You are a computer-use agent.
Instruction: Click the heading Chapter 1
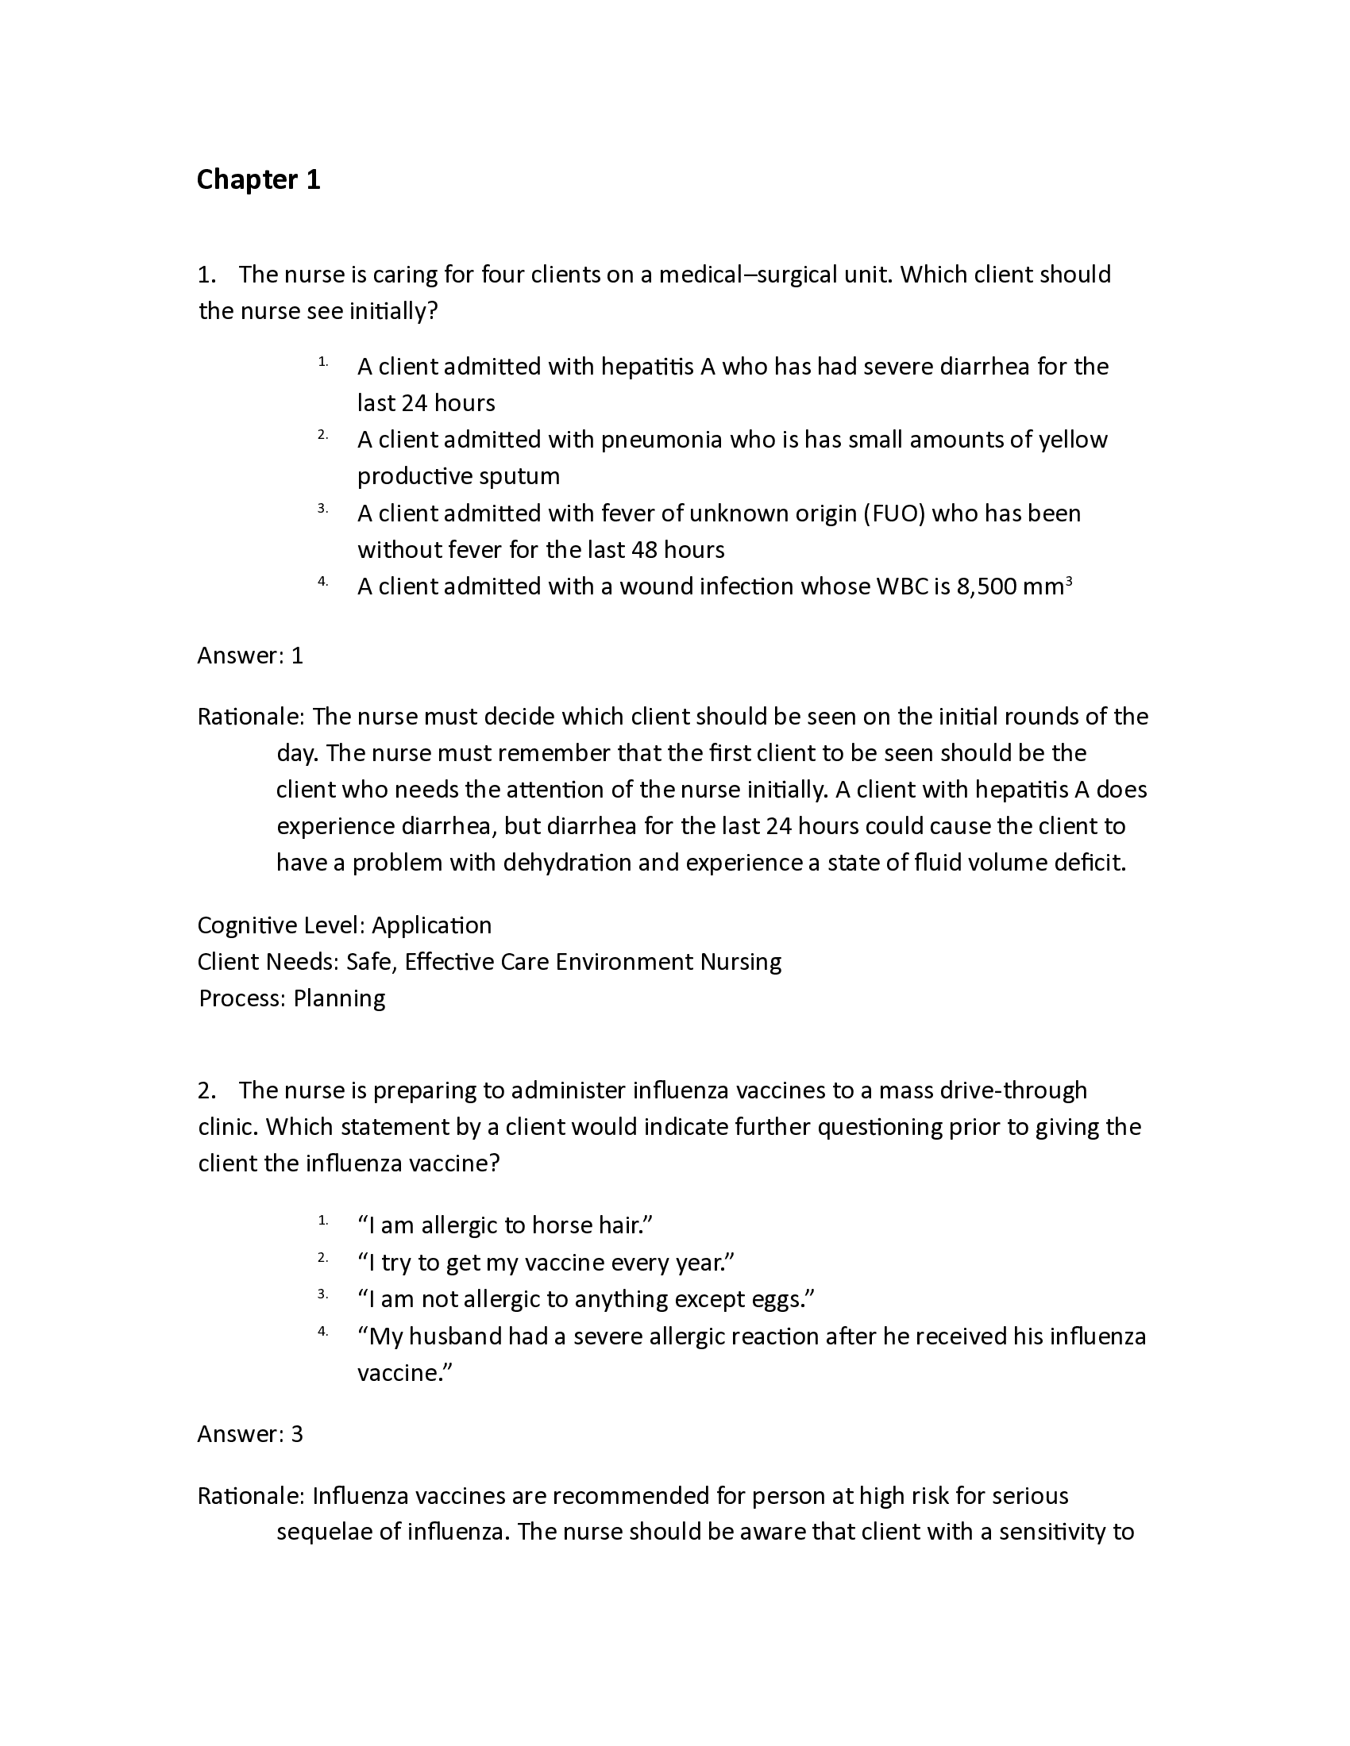(x=258, y=180)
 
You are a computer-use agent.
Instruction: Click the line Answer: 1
(x=250, y=656)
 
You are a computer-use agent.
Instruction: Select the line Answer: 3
(x=250, y=1434)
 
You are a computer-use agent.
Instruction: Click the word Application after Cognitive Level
(x=432, y=925)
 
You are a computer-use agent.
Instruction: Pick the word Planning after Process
(x=339, y=999)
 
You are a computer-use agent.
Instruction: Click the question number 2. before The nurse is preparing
(x=206, y=1090)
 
